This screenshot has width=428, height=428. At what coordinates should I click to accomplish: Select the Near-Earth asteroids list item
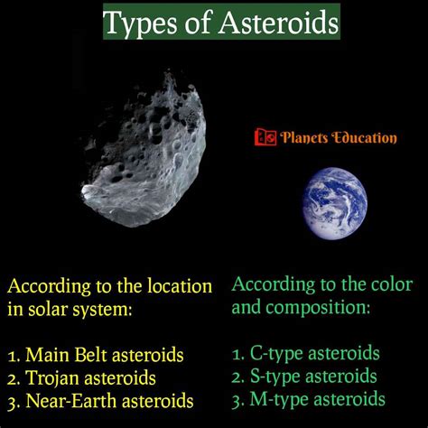pos(110,399)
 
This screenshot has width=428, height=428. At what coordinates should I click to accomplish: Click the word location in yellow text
pos(180,287)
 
